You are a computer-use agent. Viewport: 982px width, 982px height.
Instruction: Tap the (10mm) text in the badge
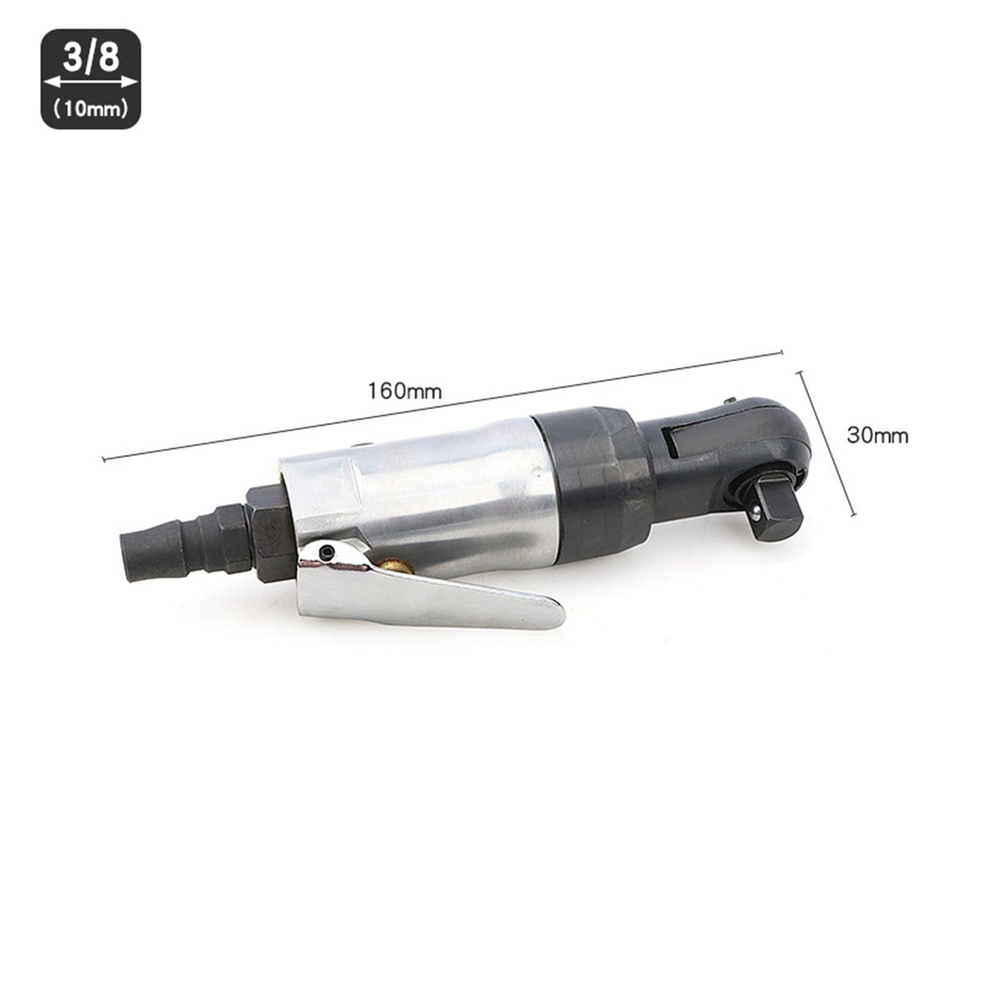91,109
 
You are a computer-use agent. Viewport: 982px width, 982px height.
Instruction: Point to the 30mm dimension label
877,435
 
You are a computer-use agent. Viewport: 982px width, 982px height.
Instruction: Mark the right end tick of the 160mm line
783,352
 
